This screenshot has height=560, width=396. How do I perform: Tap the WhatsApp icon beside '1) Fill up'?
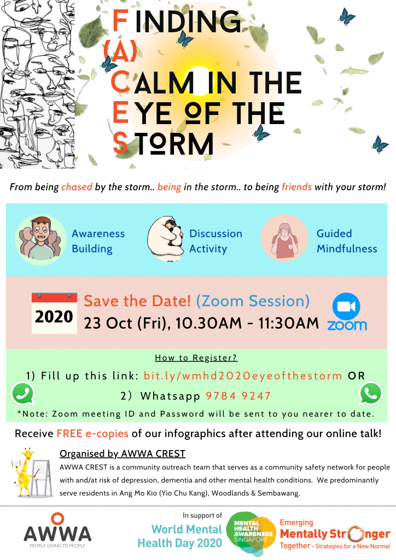23,394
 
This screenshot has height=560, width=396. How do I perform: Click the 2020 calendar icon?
54,313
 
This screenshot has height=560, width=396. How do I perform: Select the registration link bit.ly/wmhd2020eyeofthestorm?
243,376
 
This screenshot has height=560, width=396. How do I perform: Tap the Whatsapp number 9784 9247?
238,396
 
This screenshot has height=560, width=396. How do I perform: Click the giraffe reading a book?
25,472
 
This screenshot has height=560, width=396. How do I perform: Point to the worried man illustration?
40,240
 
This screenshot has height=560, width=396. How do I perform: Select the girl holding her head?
284,238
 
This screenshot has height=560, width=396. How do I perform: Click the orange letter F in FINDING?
120,21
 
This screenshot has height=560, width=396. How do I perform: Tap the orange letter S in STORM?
120,143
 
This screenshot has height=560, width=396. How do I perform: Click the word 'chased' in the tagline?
77,187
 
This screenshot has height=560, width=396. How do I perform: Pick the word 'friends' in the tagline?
296,187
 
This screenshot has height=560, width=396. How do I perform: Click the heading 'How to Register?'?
196,358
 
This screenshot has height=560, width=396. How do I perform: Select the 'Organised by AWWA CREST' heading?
123,453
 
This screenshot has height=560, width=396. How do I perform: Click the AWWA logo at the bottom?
57,530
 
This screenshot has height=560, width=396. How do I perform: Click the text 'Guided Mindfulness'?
347,241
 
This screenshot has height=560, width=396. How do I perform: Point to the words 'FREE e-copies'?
92,434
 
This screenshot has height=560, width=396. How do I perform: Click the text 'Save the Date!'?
137,301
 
